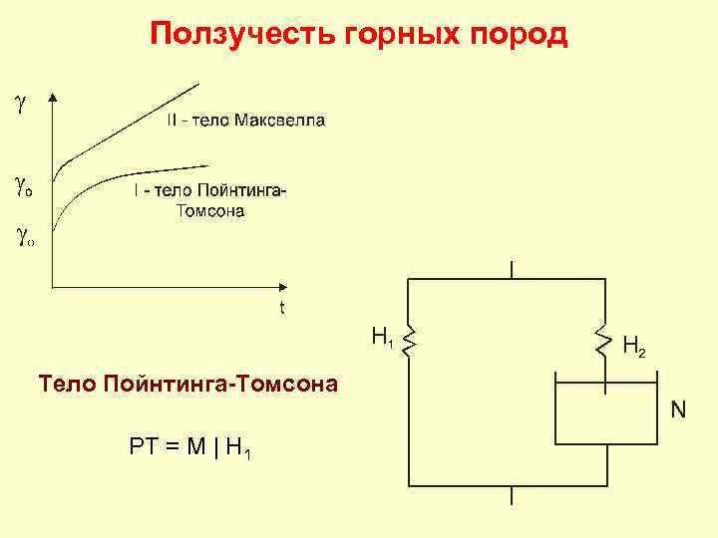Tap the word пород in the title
[x=525, y=36]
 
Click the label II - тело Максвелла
[x=244, y=121]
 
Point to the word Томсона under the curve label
[x=209, y=210]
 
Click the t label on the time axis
[x=282, y=308]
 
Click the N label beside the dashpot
[x=678, y=408]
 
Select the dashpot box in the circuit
[x=605, y=410]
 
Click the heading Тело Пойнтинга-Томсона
[x=187, y=383]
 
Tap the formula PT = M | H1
[x=189, y=446]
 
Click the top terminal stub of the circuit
[x=511, y=269]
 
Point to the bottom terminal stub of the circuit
[x=511, y=495]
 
